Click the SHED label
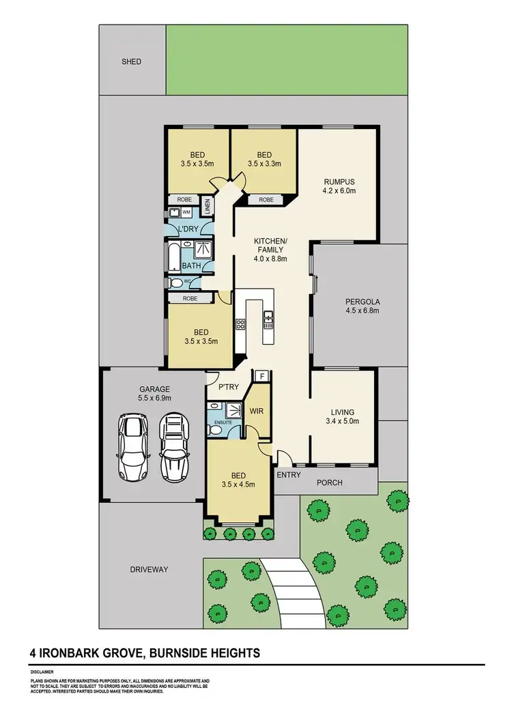(131, 61)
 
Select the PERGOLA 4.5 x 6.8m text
(362, 306)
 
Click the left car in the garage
(133, 447)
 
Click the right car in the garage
(173, 447)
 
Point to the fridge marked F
(261, 376)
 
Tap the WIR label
(257, 411)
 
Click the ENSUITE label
(222, 423)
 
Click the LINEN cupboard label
(209, 203)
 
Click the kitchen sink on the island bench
(268, 317)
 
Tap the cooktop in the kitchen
(240, 325)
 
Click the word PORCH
(330, 482)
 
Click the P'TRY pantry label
(227, 388)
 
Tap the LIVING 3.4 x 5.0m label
(343, 416)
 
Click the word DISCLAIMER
(42, 671)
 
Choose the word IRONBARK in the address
(70, 653)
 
